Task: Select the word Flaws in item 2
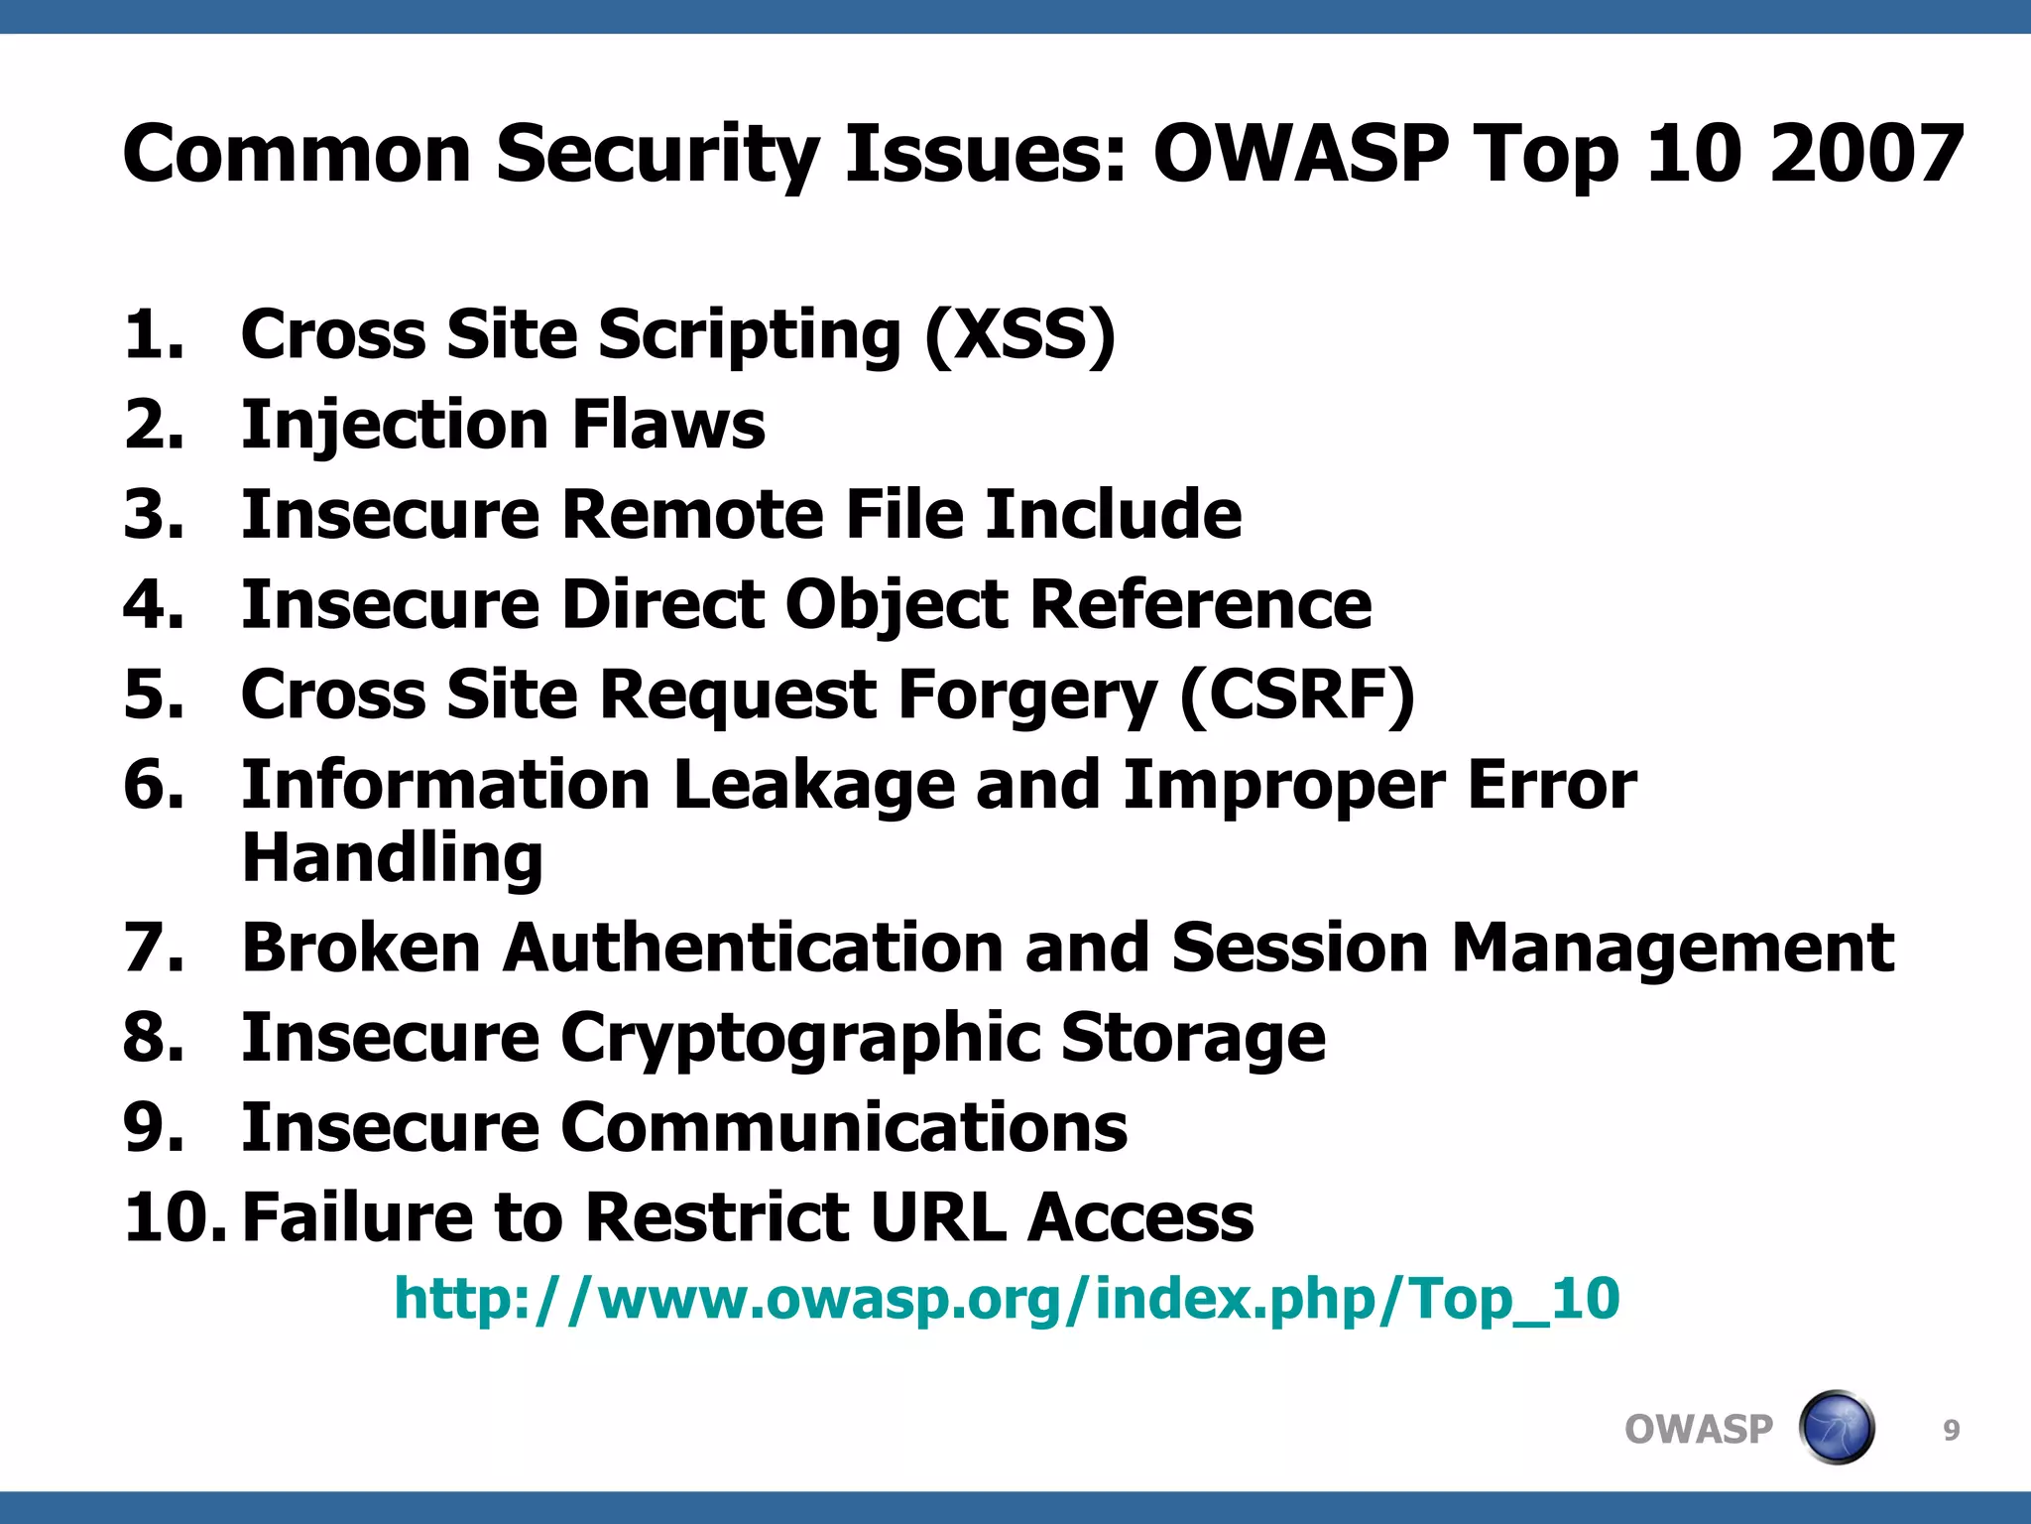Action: [667, 425]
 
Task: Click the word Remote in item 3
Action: [692, 514]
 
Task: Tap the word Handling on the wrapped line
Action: [393, 857]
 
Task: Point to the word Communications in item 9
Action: [844, 1127]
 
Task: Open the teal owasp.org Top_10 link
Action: [1007, 1298]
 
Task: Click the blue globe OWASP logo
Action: [1836, 1428]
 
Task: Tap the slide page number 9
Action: [1951, 1430]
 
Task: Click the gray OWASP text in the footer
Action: [1698, 1430]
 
